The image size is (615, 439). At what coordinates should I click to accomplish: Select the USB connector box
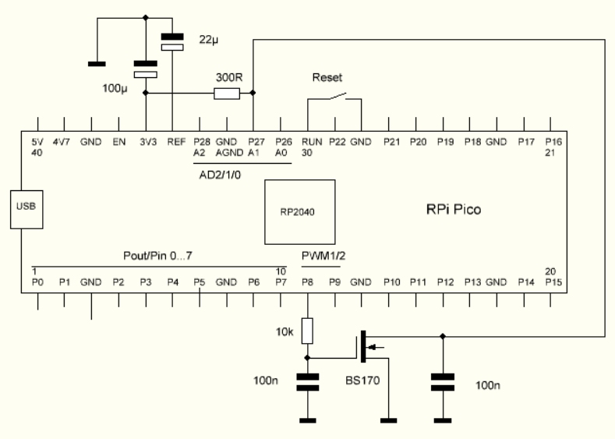tap(26, 208)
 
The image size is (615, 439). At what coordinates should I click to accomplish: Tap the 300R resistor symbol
tap(226, 94)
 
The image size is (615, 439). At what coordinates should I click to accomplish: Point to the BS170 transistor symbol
tap(368, 347)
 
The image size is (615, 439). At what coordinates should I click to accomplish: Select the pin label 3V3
tap(145, 143)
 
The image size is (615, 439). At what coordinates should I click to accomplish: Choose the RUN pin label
tap(311, 143)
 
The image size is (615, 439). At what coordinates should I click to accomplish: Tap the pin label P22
tap(336, 143)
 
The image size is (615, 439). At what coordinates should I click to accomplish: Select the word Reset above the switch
tap(326, 78)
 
